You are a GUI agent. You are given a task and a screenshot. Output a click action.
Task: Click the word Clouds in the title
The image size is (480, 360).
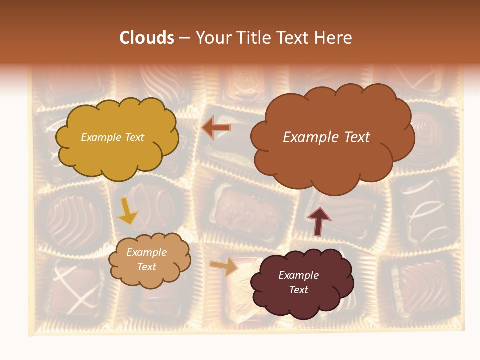point(147,38)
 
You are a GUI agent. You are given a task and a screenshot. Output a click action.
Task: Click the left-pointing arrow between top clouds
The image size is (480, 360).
point(216,128)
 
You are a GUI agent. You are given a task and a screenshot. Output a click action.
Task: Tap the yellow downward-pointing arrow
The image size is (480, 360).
point(127,212)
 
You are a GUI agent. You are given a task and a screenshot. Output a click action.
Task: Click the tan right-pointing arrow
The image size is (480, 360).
point(224,266)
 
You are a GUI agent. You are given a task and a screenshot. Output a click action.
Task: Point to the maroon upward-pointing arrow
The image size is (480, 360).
point(318,221)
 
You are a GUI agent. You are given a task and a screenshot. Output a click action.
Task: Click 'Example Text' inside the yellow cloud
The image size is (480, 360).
point(112,137)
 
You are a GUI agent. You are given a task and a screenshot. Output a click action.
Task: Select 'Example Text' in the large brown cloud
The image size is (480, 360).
point(326,137)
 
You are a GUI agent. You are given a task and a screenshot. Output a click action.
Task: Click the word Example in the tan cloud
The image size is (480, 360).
point(146,252)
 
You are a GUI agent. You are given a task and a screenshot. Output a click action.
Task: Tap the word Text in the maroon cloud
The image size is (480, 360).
point(298,290)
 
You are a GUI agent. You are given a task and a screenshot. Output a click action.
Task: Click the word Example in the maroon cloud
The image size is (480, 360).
point(298,275)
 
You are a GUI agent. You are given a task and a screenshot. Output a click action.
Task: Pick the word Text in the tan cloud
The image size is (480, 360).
point(146,267)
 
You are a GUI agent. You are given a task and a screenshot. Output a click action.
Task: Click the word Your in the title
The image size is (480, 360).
point(212,38)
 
